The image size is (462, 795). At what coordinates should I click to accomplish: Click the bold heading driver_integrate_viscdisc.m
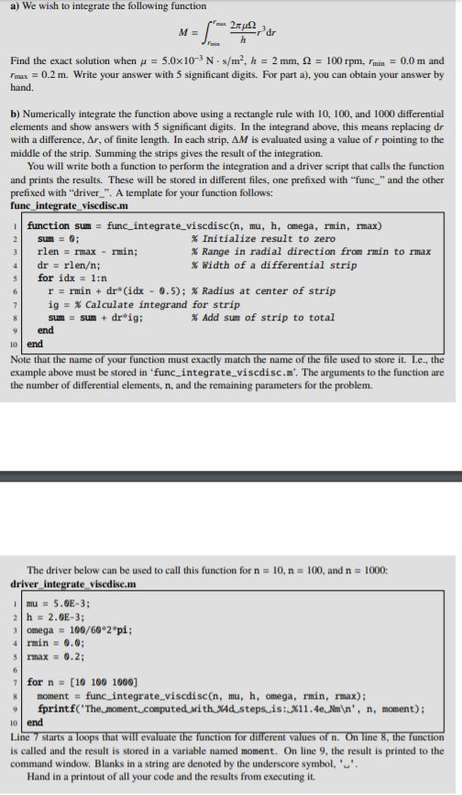pyautogui.click(x=73, y=583)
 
